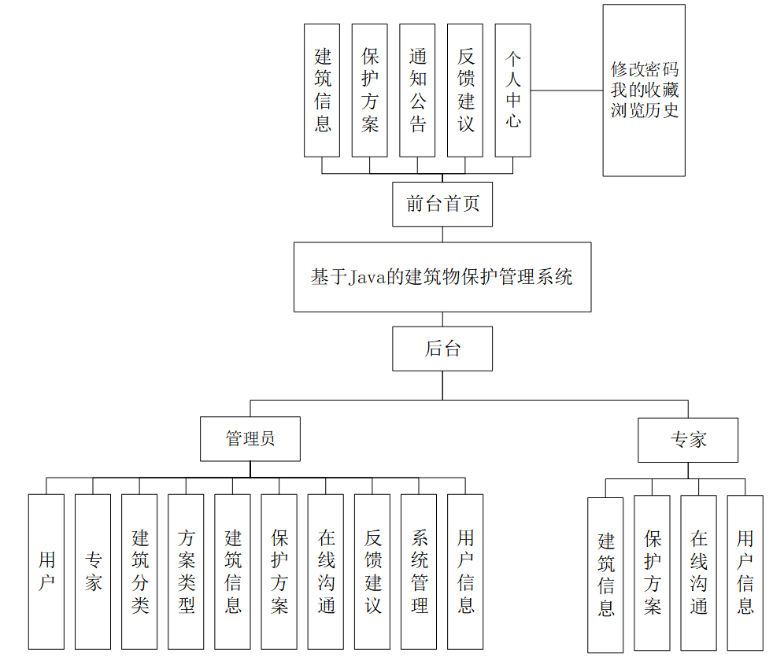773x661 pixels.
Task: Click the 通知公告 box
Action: coord(417,90)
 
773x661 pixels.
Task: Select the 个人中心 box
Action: coord(512,90)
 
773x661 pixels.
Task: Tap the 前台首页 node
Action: coord(442,205)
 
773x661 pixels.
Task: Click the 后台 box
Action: coord(442,349)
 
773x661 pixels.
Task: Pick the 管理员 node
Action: coord(250,439)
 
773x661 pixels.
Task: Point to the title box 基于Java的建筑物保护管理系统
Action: coord(442,277)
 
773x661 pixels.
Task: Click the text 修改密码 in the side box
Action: coord(644,69)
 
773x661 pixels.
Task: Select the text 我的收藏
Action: coord(644,90)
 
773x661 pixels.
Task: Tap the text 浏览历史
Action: coord(644,110)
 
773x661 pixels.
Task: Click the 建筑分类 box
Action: coord(139,571)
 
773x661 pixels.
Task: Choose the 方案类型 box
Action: coord(186,571)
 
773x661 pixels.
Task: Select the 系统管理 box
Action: coord(419,571)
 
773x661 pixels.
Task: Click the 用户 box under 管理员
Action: coord(46,571)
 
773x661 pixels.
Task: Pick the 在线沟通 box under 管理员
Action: coord(326,571)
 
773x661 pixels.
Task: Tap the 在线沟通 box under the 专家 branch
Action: coord(698,573)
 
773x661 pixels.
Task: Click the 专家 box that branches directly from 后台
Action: coord(688,440)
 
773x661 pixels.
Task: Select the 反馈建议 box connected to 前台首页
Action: coord(465,90)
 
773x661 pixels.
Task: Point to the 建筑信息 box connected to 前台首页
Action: coord(322,90)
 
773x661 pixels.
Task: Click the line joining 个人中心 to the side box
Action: coord(567,90)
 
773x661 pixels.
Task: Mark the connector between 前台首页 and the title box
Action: coord(442,234)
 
